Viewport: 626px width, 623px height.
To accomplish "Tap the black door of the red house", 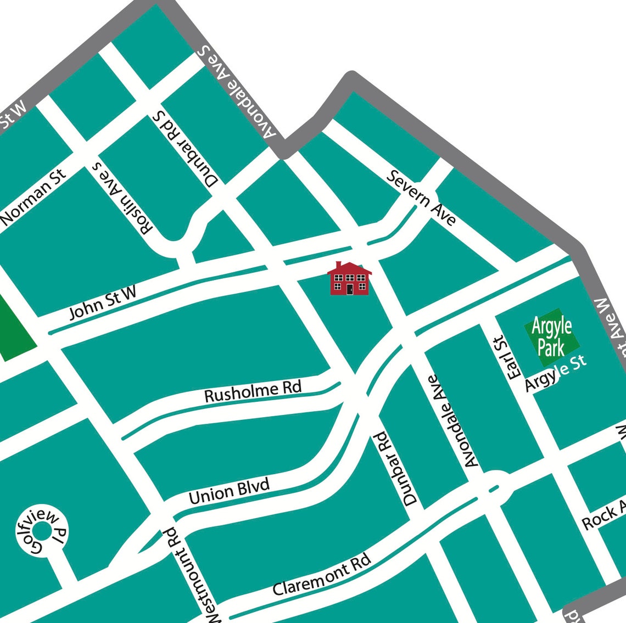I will [x=349, y=289].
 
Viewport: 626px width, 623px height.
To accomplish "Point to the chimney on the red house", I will [x=338, y=265].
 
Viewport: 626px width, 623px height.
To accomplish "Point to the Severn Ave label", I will [x=421, y=198].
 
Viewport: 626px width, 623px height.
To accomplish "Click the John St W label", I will [x=103, y=302].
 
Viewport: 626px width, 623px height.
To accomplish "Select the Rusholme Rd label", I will [x=253, y=391].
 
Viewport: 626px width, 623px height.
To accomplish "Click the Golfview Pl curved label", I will [x=41, y=531].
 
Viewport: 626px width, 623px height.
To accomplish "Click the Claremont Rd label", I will [x=322, y=575].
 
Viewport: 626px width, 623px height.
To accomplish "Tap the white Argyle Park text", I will [x=552, y=336].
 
